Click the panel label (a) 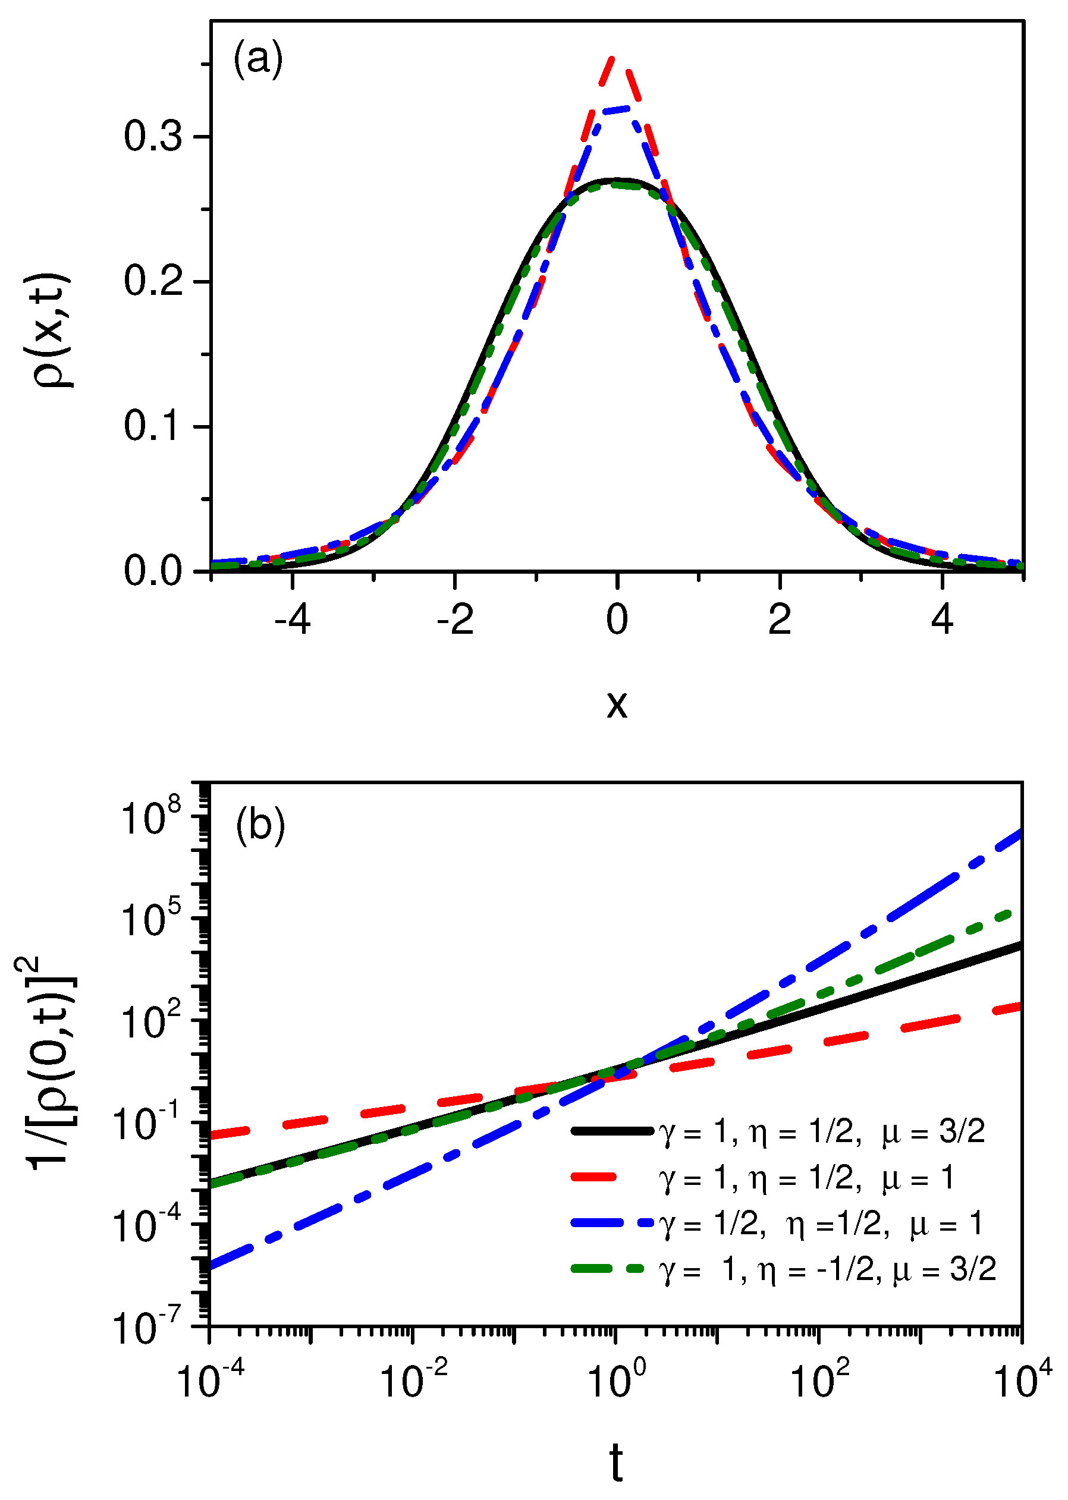(258, 59)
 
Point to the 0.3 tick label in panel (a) (153, 137)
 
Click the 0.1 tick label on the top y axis (153, 427)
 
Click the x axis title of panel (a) (616, 705)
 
